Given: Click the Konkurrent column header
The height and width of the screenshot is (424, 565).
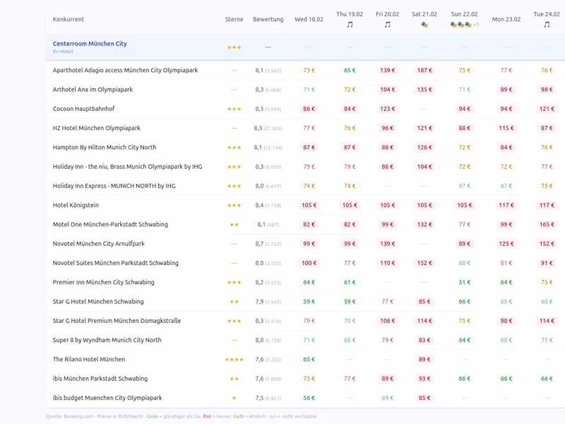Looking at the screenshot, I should (69, 19).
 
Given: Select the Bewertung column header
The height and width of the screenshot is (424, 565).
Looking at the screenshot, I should (268, 19).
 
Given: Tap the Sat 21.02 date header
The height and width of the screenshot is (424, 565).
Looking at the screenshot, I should (424, 14).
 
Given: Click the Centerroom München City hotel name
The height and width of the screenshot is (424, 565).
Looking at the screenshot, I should (90, 44).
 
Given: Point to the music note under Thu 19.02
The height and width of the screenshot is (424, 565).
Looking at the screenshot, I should (350, 25).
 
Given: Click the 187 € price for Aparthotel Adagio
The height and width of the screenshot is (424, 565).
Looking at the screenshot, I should (424, 71).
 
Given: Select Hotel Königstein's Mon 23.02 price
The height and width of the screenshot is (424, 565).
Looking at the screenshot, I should (506, 205).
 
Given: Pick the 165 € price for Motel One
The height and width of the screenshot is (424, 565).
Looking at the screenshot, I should (547, 225).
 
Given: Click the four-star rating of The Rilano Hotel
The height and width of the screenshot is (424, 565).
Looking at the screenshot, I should (234, 360).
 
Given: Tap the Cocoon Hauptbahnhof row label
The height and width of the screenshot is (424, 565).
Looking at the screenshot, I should (83, 109).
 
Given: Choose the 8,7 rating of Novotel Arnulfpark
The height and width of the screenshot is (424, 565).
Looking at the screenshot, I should (259, 244).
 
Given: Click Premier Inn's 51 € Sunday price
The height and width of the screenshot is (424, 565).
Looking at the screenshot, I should (464, 282).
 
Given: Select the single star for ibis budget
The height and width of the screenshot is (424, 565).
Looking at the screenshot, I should (234, 398).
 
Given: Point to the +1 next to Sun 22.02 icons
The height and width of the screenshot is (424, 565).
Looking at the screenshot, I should (476, 25).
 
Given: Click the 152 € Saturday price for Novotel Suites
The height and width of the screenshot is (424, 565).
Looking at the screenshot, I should (424, 263).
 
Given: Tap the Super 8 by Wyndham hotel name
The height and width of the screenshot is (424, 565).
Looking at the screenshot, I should (107, 340).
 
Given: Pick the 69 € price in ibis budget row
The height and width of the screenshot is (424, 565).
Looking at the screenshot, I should (387, 398).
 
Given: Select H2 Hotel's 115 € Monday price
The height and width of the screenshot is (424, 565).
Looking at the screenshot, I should (506, 128).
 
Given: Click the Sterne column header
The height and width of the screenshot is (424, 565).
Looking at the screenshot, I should (234, 19).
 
